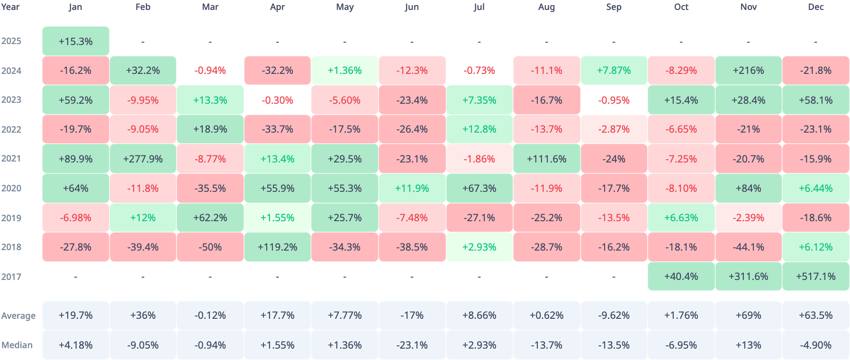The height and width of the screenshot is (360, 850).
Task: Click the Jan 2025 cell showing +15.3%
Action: coord(76,41)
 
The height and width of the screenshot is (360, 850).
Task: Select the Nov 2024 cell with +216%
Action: coord(749,71)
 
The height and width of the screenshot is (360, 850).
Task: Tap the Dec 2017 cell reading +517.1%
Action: coord(816,277)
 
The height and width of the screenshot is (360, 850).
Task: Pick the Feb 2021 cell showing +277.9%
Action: coord(143,159)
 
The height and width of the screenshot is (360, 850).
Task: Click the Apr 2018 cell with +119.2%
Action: coord(278,247)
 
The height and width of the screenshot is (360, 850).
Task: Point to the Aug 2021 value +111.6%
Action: coord(547,159)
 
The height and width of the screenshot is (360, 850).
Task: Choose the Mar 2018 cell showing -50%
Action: coord(210,247)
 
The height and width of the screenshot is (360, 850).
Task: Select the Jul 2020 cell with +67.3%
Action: coord(479,189)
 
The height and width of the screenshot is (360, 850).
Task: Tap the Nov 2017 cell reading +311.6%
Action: coord(749,277)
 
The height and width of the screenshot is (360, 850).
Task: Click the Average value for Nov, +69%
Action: coord(749,315)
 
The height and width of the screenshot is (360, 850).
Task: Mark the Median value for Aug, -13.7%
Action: coord(547,345)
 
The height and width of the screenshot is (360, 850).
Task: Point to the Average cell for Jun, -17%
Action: coord(412,315)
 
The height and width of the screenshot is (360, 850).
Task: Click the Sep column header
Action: coord(614,7)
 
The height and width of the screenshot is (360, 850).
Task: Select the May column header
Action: coord(345,7)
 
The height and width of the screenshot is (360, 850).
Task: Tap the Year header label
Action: coord(10,7)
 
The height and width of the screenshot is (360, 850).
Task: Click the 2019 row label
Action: coord(11,218)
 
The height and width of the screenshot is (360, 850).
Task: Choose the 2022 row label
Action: coord(11,129)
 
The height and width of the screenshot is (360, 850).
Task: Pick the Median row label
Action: coord(17,345)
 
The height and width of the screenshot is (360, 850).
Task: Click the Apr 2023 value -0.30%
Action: coord(278,100)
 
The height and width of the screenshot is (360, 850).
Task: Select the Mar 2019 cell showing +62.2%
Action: coord(210,218)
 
